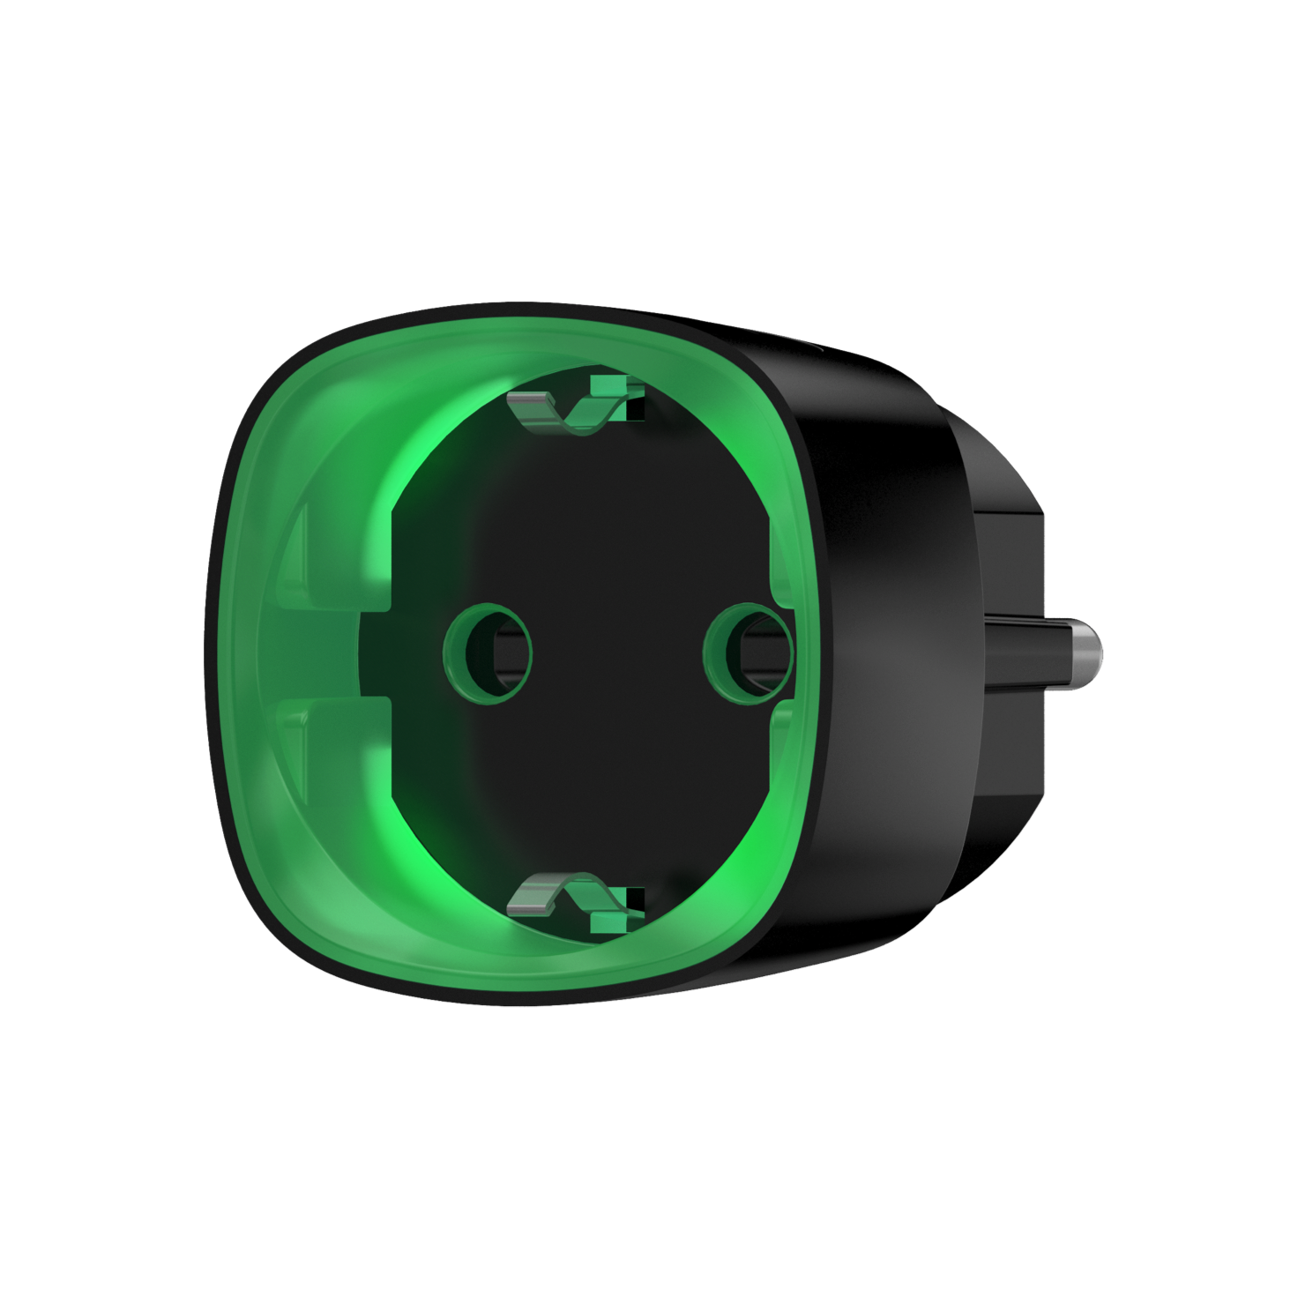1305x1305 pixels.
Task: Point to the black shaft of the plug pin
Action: pyautogui.click(x=1023, y=649)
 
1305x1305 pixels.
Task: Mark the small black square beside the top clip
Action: pyautogui.click(x=635, y=408)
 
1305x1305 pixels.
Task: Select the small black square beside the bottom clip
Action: pyautogui.click(x=635, y=899)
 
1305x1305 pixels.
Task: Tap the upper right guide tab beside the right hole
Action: pyautogui.click(x=781, y=564)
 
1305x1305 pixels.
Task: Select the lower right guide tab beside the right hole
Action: pyautogui.click(x=779, y=741)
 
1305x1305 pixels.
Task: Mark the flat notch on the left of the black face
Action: pyautogui.click(x=375, y=652)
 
